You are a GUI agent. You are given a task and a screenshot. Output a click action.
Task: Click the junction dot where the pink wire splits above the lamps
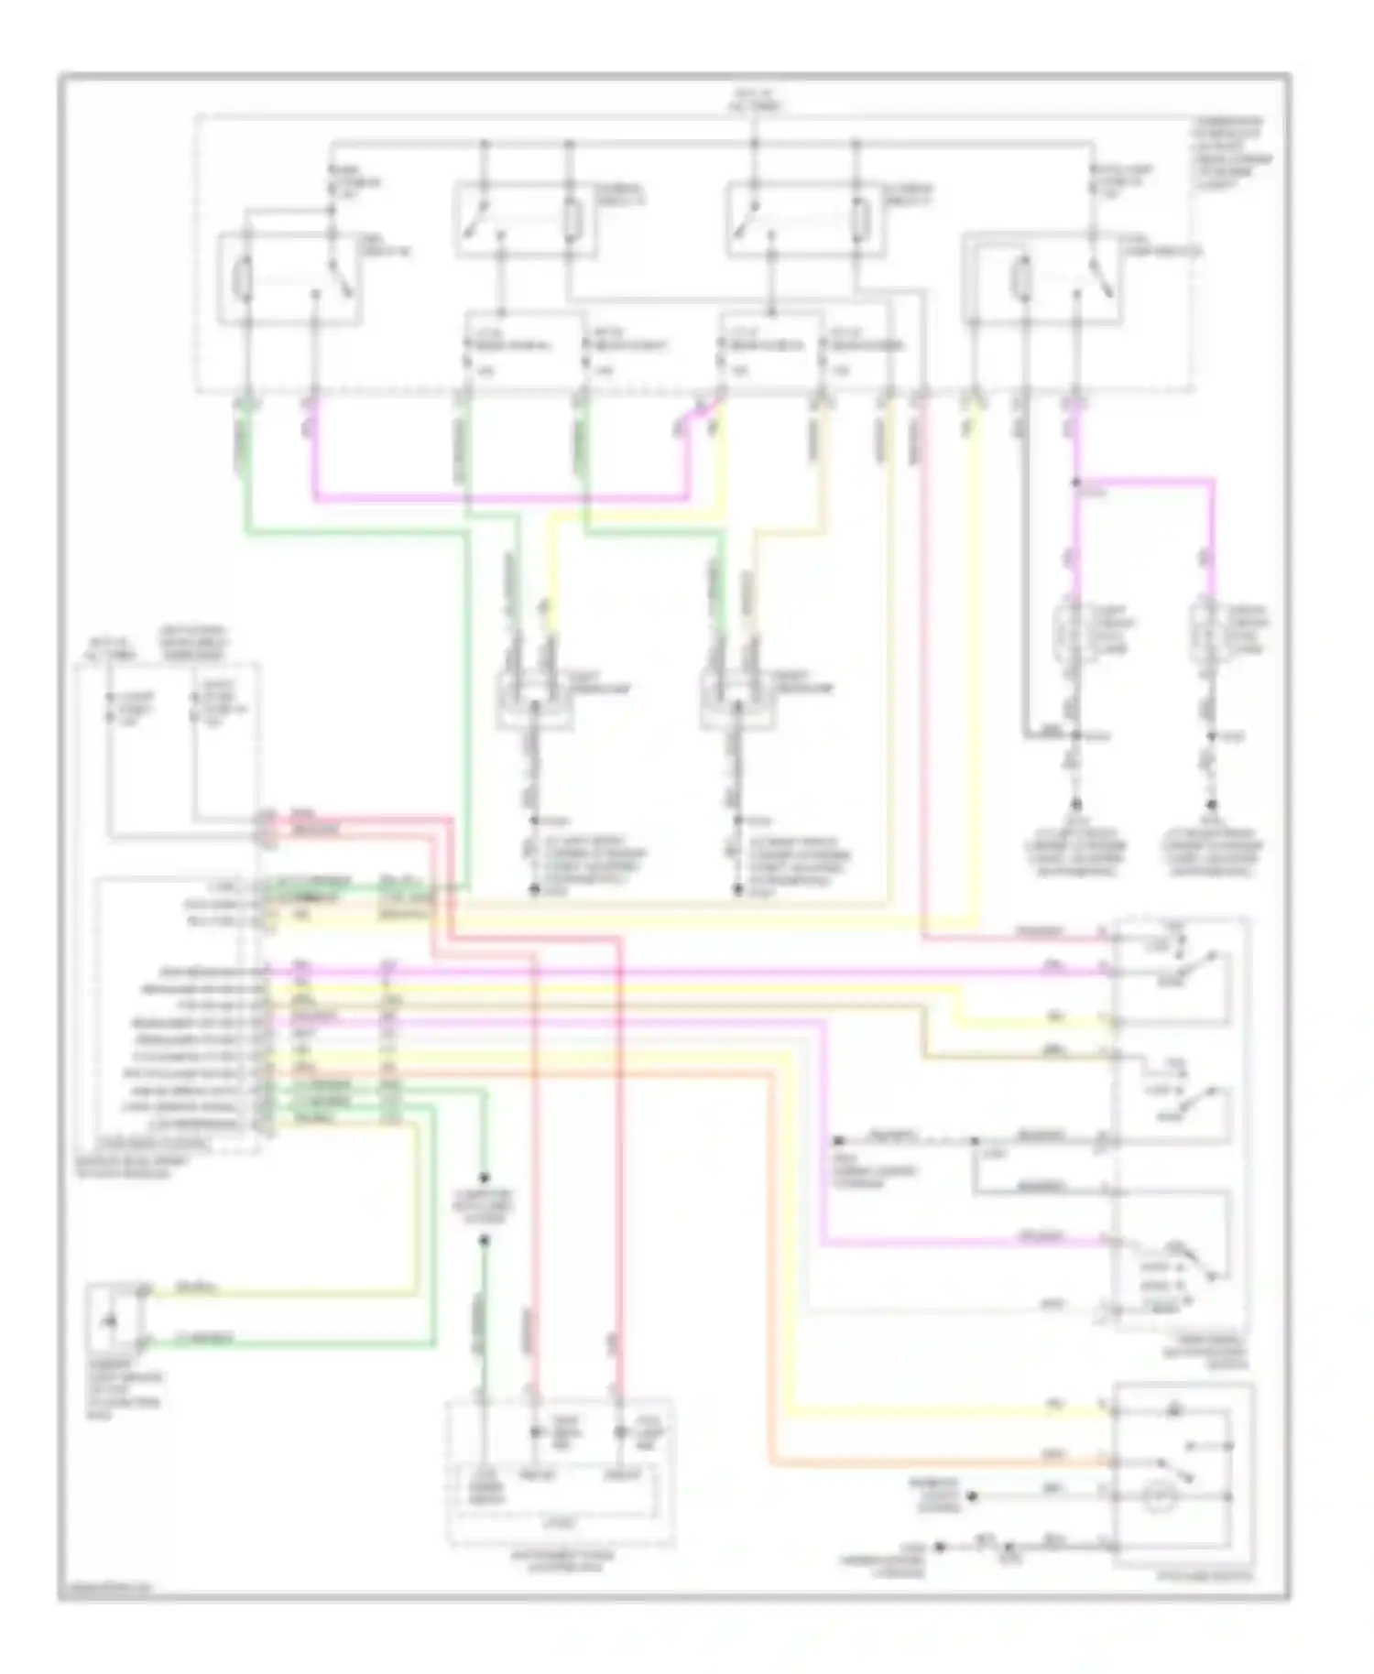pos(1077,482)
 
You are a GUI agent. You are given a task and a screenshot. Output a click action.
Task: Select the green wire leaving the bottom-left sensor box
pos(275,1343)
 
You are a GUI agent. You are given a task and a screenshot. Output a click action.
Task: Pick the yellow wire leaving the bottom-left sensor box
pos(275,1292)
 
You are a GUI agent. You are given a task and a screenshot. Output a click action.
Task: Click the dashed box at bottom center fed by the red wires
pos(560,1473)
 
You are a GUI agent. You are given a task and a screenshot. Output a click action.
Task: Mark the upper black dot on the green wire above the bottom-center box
pos(484,1178)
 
